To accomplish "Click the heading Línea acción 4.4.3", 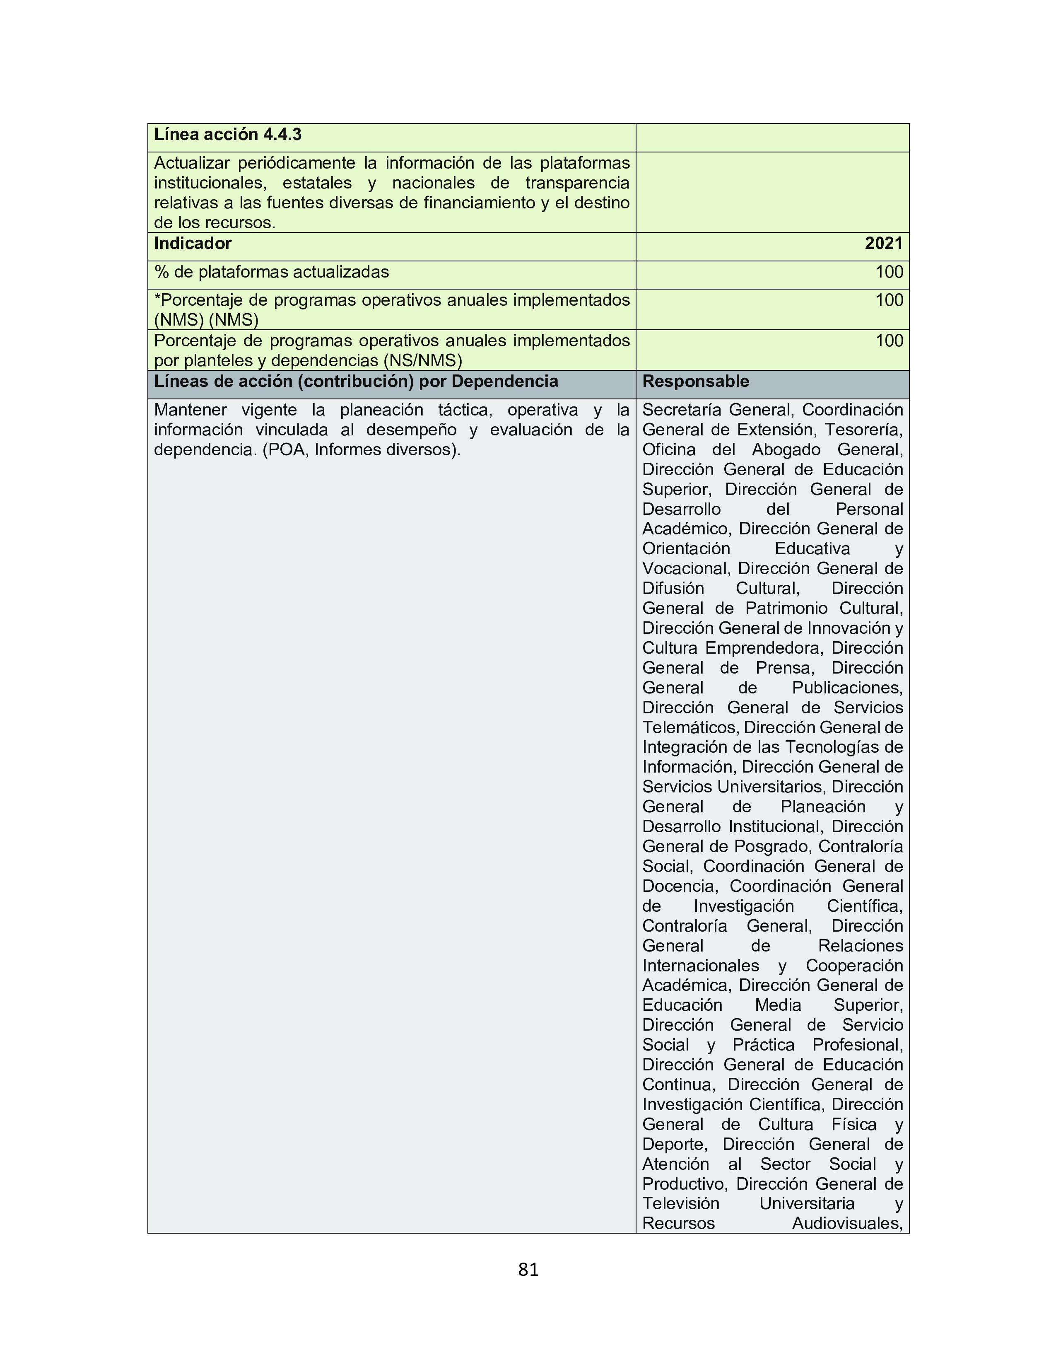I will tap(228, 135).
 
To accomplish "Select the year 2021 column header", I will tap(883, 244).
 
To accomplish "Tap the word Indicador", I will tap(193, 244).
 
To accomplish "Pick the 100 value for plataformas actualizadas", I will tap(889, 272).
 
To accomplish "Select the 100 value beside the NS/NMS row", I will tap(889, 341).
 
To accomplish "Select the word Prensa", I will tap(784, 668).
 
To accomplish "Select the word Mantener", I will tap(190, 410).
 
